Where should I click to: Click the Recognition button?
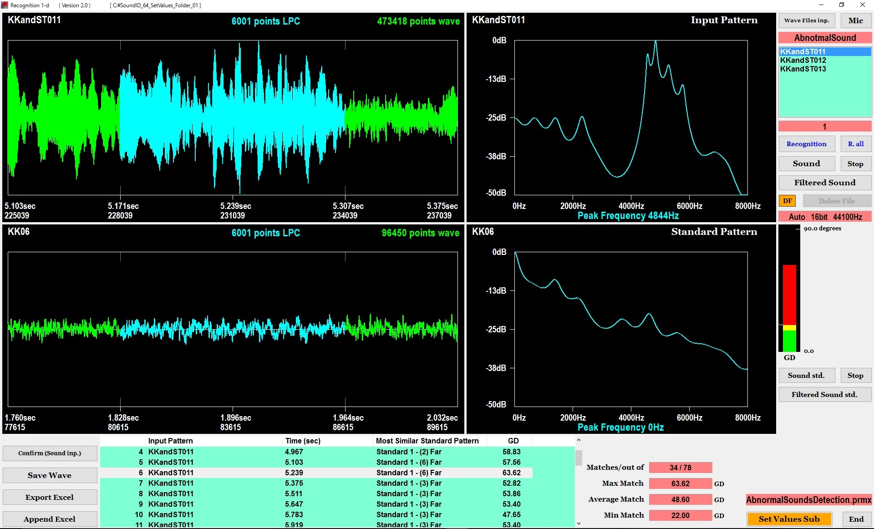806,144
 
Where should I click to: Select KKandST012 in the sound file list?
803,60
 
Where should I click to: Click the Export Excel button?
50,497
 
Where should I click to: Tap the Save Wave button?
50,475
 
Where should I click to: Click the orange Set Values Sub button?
789,519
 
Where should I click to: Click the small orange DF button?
787,201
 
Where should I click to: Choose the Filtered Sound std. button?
824,394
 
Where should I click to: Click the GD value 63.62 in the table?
511,473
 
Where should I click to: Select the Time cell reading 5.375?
294,483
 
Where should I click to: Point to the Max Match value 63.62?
680,483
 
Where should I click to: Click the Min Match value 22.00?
680,515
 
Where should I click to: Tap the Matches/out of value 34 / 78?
680,468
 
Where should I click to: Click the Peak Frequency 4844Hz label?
628,216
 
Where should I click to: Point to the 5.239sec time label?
235,206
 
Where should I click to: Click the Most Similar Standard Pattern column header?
427,441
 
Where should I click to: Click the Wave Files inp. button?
806,20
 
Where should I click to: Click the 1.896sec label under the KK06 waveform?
235,417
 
